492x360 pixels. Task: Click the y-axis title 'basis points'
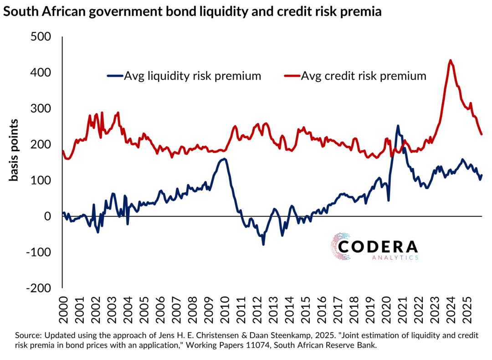tap(14, 150)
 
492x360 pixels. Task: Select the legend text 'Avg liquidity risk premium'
tap(193, 76)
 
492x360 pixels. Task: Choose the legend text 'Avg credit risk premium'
tap(364, 76)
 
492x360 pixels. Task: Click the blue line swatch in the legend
tap(115, 76)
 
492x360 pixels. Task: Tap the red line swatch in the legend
tap(292, 76)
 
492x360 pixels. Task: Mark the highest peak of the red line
tap(450, 60)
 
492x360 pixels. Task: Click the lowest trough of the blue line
tap(263, 245)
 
